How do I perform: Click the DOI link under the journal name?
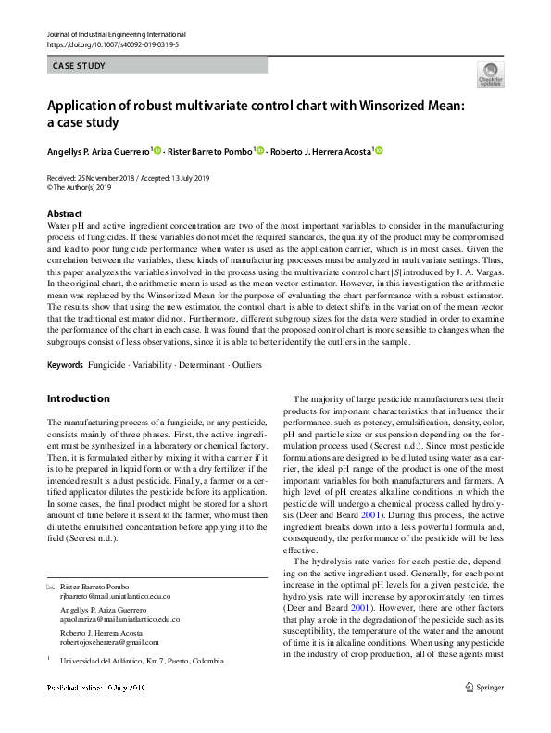(x=113, y=44)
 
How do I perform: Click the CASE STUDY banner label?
(x=80, y=66)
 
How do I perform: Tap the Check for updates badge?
(x=490, y=74)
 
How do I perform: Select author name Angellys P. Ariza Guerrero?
(x=97, y=151)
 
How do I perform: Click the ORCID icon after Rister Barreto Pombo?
(x=260, y=151)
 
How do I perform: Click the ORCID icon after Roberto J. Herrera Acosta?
(x=378, y=151)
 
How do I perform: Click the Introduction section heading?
(x=78, y=399)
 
